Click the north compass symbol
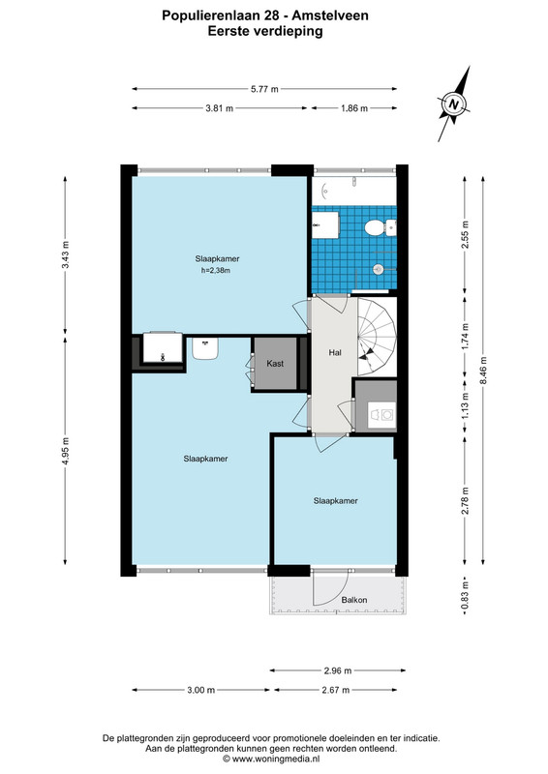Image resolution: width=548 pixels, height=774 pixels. [x=454, y=104]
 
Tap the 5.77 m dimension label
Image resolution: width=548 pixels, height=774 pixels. [x=264, y=89]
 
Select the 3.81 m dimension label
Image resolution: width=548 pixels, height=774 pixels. [x=220, y=108]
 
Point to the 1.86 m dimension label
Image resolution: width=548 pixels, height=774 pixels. [x=354, y=108]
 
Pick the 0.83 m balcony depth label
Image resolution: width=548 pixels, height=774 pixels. [x=465, y=596]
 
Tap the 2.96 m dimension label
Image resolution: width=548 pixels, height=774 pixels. [x=338, y=670]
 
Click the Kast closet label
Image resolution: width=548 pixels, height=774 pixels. [x=275, y=364]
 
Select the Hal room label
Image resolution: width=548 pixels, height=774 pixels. [x=335, y=352]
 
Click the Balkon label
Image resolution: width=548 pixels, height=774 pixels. [x=354, y=600]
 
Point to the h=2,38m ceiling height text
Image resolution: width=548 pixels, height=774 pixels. [x=216, y=271]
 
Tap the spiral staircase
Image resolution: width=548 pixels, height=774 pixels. [x=377, y=337]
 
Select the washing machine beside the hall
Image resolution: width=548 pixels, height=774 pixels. [x=383, y=414]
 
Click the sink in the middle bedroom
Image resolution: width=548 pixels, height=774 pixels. [x=205, y=348]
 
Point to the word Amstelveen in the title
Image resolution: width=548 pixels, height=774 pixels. [x=330, y=15]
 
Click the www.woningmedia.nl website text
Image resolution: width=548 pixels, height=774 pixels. [x=276, y=759]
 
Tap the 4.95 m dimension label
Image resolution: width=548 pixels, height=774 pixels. [x=66, y=452]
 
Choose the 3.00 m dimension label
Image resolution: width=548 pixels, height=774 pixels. [x=201, y=690]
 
